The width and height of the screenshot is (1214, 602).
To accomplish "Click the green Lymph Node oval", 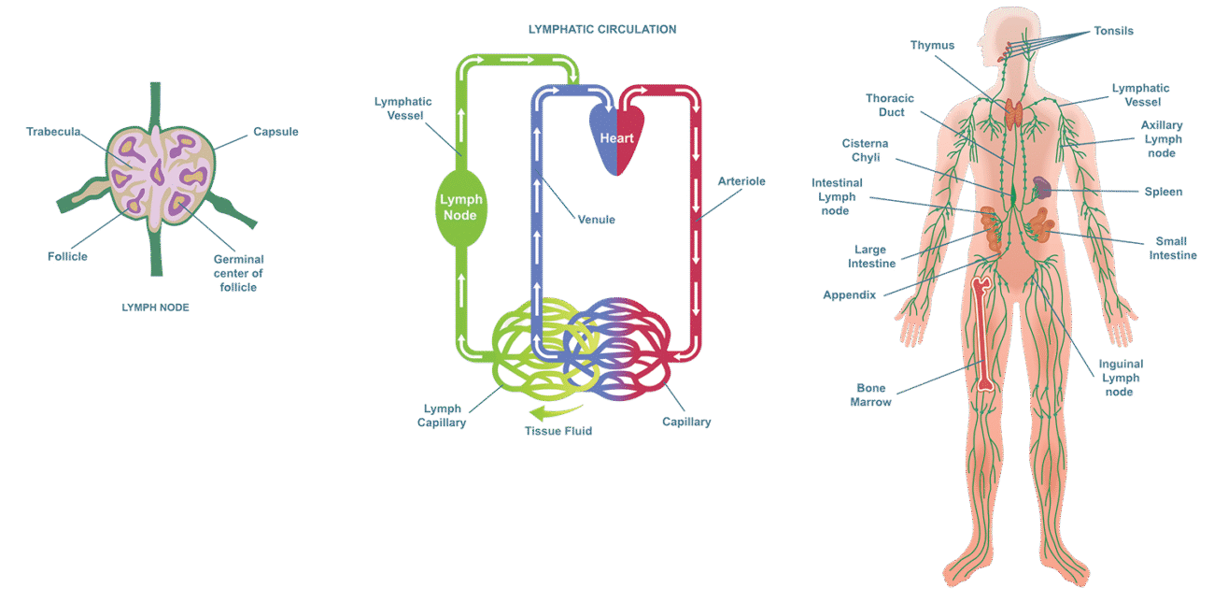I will click(459, 208).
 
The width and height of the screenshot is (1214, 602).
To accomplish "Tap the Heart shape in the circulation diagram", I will click(616, 137).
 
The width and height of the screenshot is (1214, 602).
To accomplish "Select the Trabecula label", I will click(53, 132).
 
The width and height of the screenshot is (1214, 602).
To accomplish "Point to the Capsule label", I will click(275, 132).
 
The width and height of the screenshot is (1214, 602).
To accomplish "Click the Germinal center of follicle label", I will click(237, 273).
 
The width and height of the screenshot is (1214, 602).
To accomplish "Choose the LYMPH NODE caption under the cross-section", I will click(155, 307).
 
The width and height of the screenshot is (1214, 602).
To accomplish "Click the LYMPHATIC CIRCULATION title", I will click(601, 29).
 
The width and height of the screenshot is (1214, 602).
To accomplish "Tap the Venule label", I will click(596, 220).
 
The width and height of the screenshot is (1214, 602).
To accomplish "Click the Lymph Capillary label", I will click(444, 416).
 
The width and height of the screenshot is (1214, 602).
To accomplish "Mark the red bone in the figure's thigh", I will click(981, 332).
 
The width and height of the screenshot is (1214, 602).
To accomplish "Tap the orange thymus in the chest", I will click(1015, 113).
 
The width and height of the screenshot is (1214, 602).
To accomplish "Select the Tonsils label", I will click(1113, 31).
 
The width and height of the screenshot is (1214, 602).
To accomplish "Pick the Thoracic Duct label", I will click(889, 105).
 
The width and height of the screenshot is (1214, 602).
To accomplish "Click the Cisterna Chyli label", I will click(865, 150).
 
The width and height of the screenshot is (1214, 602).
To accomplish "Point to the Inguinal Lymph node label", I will click(1121, 378).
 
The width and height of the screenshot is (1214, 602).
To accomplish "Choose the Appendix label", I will click(849, 295).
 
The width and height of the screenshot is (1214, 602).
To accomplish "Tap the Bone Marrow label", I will click(869, 395).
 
